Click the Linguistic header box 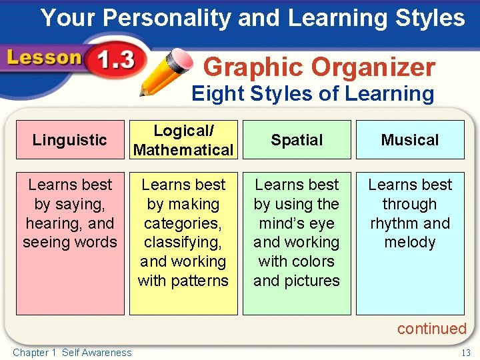[x=70, y=140]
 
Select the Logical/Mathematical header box [x=183, y=140]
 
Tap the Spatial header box [x=297, y=140]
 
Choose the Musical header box [x=410, y=140]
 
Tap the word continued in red [x=431, y=329]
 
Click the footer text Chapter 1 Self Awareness [x=72, y=353]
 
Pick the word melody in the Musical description [x=410, y=243]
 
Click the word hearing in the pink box [x=51, y=223]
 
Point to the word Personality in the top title [x=163, y=18]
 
